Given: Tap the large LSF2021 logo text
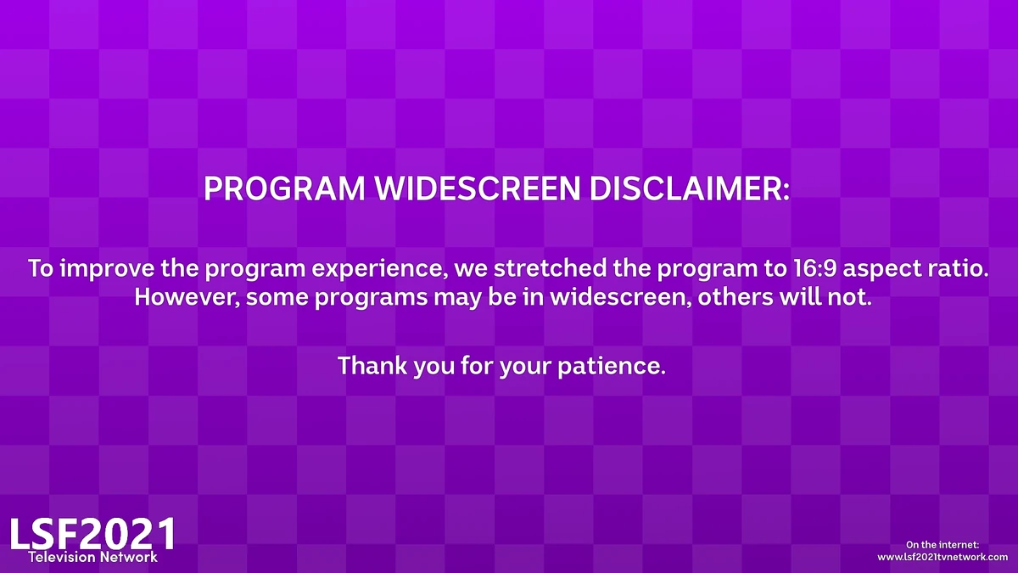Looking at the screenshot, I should pos(92,533).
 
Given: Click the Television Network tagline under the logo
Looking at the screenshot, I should pos(92,558).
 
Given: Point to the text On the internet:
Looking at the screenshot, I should pos(942,544).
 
